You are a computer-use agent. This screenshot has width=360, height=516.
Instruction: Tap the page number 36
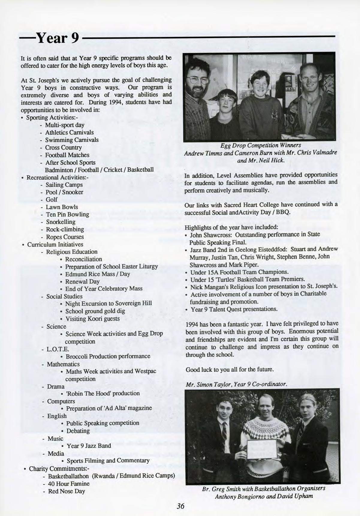pos(180,506)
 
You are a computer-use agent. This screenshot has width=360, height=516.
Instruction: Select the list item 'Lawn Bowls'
pos(62,207)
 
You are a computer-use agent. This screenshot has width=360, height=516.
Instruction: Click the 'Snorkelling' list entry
pos(61,222)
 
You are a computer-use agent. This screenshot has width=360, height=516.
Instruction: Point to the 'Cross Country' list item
pos(63,147)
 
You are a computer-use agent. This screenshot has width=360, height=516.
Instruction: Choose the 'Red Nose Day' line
pos(67,491)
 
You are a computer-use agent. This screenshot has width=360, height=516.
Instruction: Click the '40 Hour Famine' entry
pos(69,484)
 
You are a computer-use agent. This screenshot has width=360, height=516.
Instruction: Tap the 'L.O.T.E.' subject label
pos(58,349)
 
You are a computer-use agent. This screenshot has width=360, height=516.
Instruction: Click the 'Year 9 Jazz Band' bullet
pos(88,446)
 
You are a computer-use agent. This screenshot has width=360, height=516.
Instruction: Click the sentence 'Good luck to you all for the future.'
pos(230,370)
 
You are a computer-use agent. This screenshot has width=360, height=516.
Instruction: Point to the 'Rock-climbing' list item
pos(65,229)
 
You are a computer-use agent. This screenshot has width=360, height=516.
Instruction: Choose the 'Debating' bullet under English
pos(78,431)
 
